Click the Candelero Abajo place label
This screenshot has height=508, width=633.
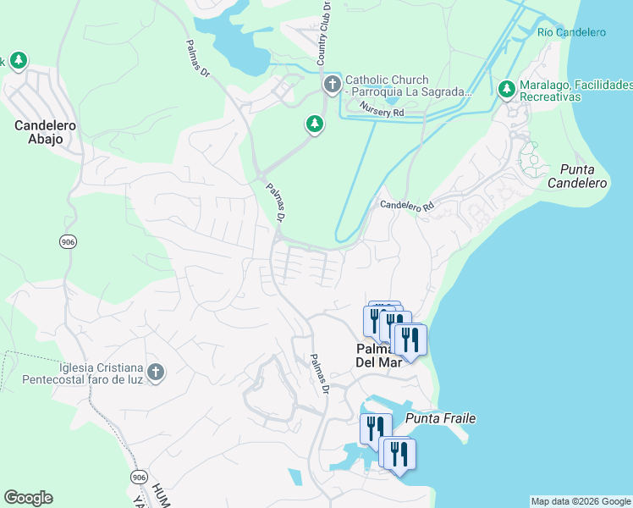coord(45,132)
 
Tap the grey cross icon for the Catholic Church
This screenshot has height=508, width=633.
coord(332,85)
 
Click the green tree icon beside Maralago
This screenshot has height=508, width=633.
coord(507,88)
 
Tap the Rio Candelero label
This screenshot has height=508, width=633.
coord(571,32)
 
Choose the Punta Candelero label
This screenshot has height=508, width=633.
coord(577,176)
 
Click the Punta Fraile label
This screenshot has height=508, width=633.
coord(440,418)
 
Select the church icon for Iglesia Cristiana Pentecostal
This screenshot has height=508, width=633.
coord(155,372)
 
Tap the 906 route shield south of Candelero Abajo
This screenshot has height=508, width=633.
coord(68,242)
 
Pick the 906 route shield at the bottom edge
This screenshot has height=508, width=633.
coord(139,478)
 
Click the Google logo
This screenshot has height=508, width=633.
coord(28,498)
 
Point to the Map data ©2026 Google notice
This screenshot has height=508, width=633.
coord(581,501)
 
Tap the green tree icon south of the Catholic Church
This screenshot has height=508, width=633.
coord(314,124)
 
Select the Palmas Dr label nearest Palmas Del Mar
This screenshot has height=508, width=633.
coord(318,373)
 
